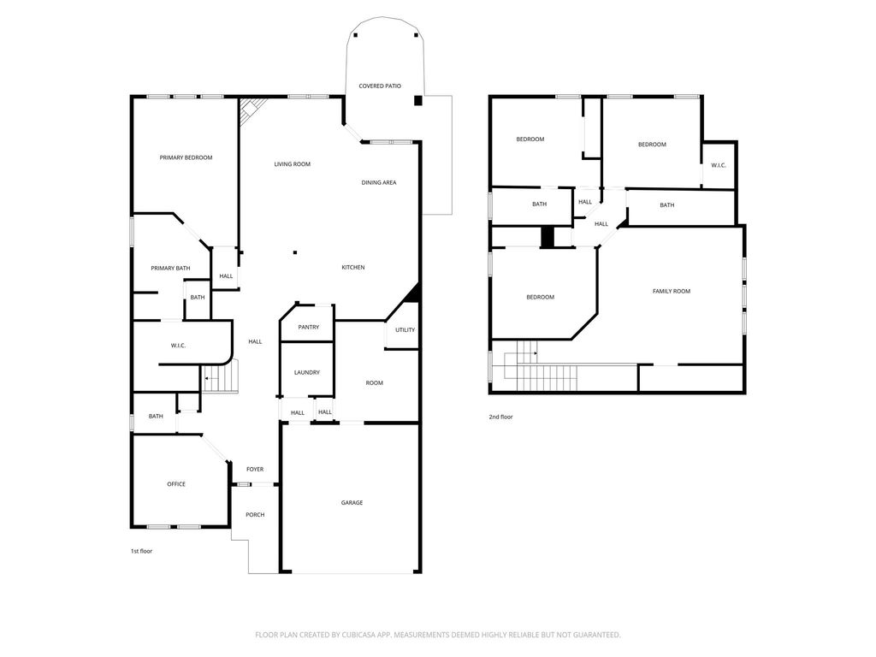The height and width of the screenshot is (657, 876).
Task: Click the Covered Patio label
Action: click(380, 86)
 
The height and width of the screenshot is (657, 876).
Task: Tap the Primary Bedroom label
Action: click(186, 157)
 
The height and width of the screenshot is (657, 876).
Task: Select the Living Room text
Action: click(293, 164)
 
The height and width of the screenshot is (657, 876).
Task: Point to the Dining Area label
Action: click(379, 183)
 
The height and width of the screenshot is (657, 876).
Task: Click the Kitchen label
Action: click(353, 268)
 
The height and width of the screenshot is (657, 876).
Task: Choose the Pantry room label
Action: click(308, 328)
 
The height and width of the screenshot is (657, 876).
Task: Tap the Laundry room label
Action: click(307, 373)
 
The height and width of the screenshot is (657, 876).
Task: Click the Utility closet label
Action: click(405, 330)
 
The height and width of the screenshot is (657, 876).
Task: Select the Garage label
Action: click(352, 503)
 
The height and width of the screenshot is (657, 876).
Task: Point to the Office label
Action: click(176, 484)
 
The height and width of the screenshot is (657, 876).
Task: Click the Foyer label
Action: click(255, 470)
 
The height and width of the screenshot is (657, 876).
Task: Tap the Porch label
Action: click(255, 514)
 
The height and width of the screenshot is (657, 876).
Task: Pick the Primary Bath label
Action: click(170, 268)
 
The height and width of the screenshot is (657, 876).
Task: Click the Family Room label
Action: click(672, 291)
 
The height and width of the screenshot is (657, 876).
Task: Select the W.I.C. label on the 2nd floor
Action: click(719, 165)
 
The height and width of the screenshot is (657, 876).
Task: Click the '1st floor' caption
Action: click(141, 552)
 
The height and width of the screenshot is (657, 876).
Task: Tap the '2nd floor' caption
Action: click(500, 417)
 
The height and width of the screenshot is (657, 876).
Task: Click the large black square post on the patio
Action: click(417, 101)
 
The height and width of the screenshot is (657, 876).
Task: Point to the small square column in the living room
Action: click(295, 252)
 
